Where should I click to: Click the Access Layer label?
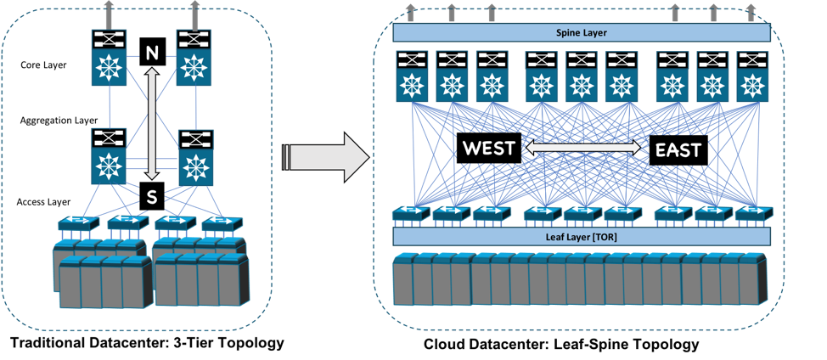coord(44,201)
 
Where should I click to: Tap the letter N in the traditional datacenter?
coord(152,53)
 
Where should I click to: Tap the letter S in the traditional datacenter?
coord(152,197)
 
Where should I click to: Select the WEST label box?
coord(488,149)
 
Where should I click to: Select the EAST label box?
coord(678,150)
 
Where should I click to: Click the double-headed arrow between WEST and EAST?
coord(583,148)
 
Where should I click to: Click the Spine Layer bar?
coord(582,32)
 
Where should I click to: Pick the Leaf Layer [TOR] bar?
coord(582,237)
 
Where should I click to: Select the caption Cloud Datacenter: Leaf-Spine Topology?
coord(561,345)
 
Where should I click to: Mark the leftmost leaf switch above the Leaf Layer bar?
coord(409,213)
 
